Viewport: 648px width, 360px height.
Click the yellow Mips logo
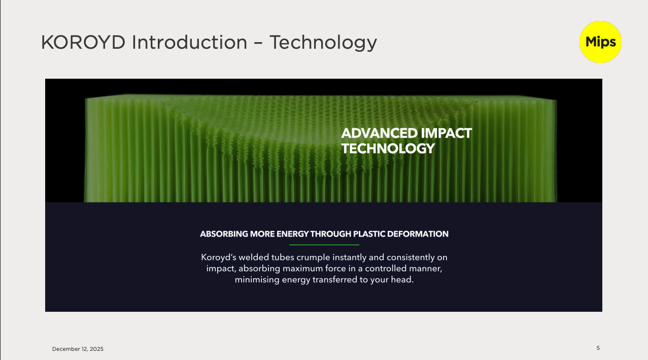(600, 42)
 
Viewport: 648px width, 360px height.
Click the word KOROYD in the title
(83, 43)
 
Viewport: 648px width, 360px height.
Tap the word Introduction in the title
(189, 43)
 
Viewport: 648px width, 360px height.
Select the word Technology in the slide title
(323, 43)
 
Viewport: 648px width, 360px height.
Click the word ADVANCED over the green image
(379, 134)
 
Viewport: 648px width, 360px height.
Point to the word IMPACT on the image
(447, 134)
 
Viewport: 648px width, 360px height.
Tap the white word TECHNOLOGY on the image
(388, 148)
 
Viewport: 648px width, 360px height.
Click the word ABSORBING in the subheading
(224, 234)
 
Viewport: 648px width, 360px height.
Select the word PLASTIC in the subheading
(369, 234)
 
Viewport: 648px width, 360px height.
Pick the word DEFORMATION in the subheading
(418, 234)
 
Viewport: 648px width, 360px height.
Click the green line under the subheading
(324, 245)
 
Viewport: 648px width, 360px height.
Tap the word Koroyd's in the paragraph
(218, 257)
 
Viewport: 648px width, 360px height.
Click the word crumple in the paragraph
(313, 257)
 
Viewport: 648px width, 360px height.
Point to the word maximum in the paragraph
(302, 269)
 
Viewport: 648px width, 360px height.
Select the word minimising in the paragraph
(257, 280)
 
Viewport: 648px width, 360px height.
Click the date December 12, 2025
(78, 349)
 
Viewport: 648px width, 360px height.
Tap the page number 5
(598, 348)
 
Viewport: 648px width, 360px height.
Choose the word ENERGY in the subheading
(292, 234)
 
